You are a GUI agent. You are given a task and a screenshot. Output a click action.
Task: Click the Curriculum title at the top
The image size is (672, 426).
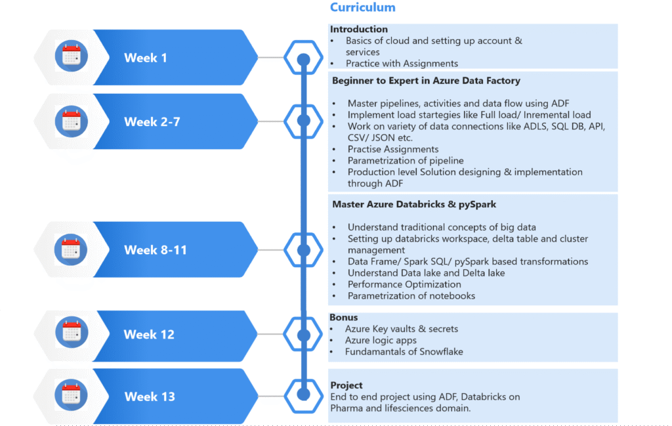[362, 8]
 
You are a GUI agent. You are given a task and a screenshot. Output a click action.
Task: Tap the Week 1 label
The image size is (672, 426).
[146, 58]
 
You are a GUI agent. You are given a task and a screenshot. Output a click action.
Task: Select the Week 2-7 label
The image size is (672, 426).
[152, 121]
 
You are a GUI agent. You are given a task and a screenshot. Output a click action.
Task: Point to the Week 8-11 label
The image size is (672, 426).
[156, 250]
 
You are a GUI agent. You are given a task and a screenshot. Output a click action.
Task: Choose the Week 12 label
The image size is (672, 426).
[149, 334]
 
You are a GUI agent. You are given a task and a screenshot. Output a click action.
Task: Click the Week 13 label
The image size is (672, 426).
[150, 396]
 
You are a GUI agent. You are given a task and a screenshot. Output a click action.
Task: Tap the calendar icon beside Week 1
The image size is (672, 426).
[71, 56]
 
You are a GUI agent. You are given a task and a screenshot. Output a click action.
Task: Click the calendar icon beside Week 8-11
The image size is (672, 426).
[71, 249]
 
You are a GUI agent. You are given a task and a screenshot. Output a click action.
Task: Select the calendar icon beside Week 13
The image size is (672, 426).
[71, 395]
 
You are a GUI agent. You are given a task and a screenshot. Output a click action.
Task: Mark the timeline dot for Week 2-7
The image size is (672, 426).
[303, 121]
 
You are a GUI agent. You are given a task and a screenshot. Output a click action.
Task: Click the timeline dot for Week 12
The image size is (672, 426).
[303, 335]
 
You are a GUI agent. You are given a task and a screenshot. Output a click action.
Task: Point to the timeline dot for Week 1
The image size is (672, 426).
[303, 60]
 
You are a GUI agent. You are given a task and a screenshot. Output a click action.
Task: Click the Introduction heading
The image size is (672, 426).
[359, 30]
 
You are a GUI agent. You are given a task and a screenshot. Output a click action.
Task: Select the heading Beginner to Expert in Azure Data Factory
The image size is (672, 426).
[426, 81]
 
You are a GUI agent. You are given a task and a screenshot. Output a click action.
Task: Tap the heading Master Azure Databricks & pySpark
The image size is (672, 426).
[413, 204]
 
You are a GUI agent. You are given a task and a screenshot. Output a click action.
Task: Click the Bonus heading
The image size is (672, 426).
[344, 318]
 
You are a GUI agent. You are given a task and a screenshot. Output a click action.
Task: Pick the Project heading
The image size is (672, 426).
[346, 385]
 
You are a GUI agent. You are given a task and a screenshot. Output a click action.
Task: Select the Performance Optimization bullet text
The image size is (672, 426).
[404, 284]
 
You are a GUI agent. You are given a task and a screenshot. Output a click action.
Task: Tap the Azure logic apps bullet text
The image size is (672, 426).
[381, 340]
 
